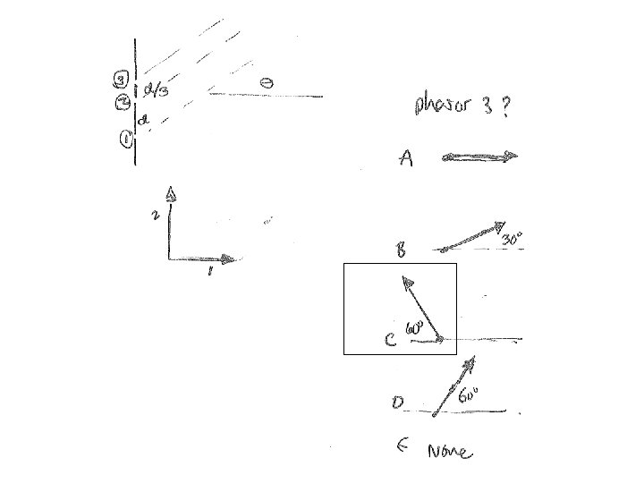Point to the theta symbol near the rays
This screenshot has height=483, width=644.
pyautogui.click(x=267, y=82)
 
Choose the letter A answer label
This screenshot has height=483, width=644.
pyautogui.click(x=406, y=160)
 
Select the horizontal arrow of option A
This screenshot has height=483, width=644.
pyautogui.click(x=479, y=157)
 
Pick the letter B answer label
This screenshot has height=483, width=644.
pyautogui.click(x=402, y=251)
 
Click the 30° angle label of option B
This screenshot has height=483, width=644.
pyautogui.click(x=511, y=240)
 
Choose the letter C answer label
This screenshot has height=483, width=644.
pyautogui.click(x=390, y=341)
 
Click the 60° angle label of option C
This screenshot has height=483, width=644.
pyautogui.click(x=414, y=329)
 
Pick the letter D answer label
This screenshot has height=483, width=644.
pyautogui.click(x=399, y=404)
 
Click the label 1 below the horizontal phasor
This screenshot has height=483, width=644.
pyautogui.click(x=209, y=272)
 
